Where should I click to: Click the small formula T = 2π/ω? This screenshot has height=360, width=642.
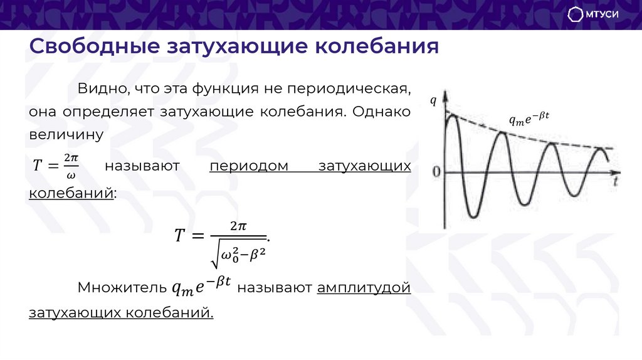point(55,166)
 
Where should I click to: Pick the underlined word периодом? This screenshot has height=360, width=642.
point(249,166)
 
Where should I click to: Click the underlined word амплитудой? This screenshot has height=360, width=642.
point(364,288)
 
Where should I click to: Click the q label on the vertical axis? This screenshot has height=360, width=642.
point(433,100)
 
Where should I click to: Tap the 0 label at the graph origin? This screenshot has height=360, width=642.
point(436,172)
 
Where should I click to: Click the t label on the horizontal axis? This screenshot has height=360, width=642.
point(617,181)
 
